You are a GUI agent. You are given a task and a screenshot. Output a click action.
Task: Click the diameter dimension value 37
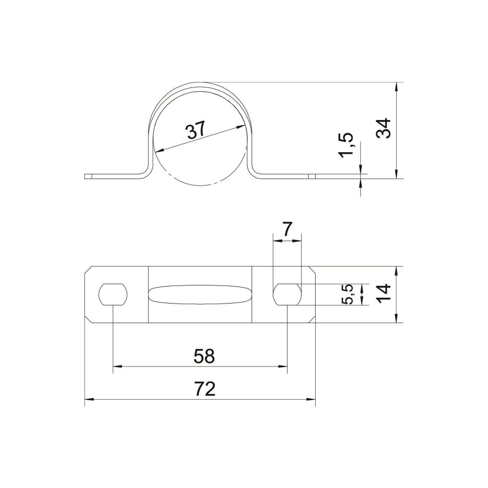pyautogui.click(x=196, y=130)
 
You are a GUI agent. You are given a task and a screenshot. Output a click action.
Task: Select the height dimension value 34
pyautogui.click(x=383, y=128)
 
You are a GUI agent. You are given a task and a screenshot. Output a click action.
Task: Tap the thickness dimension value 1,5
pyautogui.click(x=346, y=145)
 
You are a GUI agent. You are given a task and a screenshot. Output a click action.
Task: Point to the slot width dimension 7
pyautogui.click(x=287, y=230)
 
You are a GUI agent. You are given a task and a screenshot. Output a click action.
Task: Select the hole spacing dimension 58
pyautogui.click(x=204, y=356)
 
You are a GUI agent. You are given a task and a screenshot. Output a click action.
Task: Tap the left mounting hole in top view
pyautogui.click(x=113, y=294)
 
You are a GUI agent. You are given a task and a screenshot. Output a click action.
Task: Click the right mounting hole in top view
pyautogui.click(x=287, y=294)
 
